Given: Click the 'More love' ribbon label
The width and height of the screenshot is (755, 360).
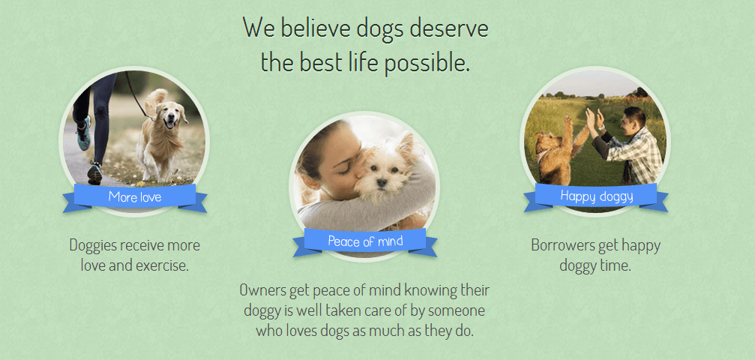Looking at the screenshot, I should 134,197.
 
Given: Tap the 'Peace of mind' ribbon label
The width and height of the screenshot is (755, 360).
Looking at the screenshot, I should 365,241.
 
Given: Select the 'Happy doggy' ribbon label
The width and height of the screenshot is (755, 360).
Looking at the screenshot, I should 597,196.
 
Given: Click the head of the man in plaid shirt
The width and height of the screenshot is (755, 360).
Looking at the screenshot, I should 633,118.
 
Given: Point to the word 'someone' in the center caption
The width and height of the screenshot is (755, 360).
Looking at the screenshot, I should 456,310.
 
